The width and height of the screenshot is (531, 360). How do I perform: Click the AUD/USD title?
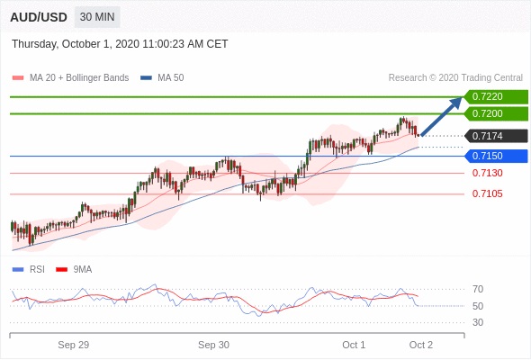pos(39,17)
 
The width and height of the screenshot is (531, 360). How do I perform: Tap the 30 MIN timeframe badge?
pos(97,17)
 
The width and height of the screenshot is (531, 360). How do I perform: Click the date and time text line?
pos(120,44)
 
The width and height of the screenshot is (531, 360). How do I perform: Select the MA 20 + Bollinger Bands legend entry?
pos(70,78)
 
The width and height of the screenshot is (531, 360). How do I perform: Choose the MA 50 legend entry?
pos(162,78)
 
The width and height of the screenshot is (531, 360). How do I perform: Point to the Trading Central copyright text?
pos(455,78)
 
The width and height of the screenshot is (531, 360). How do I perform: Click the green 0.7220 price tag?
pos(496,97)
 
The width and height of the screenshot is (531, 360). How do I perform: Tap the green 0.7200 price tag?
pos(496,113)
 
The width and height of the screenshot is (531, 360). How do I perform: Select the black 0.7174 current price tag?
pos(496,136)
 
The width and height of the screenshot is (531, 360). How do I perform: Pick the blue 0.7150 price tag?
pos(496,156)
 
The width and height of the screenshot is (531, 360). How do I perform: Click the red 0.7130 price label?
pos(487,173)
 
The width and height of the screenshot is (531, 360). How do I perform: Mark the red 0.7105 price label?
pos(487,193)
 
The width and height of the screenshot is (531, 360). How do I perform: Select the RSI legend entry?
pos(29,270)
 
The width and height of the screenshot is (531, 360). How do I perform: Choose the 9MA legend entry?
pos(74,270)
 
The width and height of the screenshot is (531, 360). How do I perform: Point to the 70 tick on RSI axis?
pos(478,289)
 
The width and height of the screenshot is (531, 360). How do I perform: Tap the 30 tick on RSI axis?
pos(478,322)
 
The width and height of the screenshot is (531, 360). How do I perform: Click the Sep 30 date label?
pos(213,345)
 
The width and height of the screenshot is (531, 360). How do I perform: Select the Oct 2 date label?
pos(421,345)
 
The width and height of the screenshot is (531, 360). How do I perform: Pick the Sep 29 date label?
pos(74,345)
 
